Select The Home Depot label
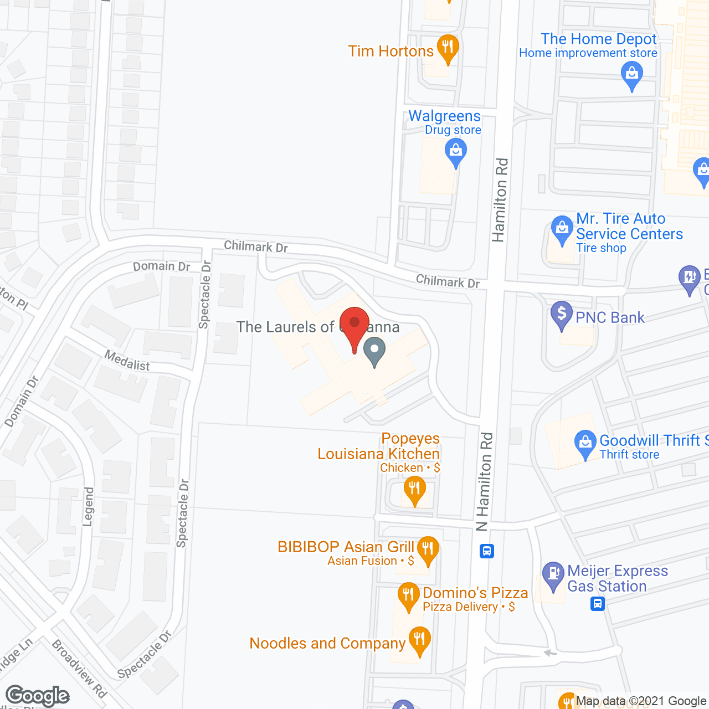(x=598, y=39)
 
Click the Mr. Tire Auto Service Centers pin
(x=562, y=229)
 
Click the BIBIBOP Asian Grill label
(x=346, y=547)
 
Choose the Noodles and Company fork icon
(x=420, y=640)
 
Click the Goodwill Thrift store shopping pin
(x=585, y=444)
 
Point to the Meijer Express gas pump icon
(x=553, y=574)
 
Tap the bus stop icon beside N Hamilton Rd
(x=487, y=551)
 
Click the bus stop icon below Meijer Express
(x=597, y=603)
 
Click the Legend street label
(x=89, y=507)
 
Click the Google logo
(x=38, y=696)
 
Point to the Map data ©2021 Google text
(x=641, y=701)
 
